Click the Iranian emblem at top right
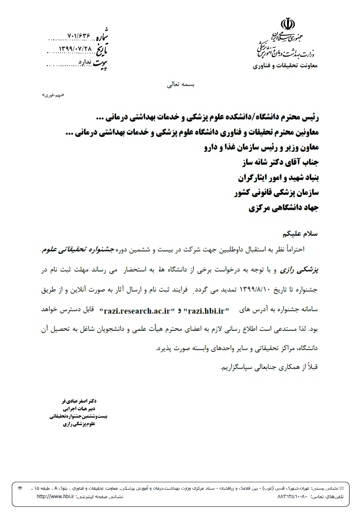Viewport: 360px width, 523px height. (289, 23)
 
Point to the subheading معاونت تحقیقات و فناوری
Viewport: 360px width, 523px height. (285, 65)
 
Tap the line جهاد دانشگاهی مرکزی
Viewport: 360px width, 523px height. (283, 208)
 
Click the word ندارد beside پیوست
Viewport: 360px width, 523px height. (85, 62)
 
